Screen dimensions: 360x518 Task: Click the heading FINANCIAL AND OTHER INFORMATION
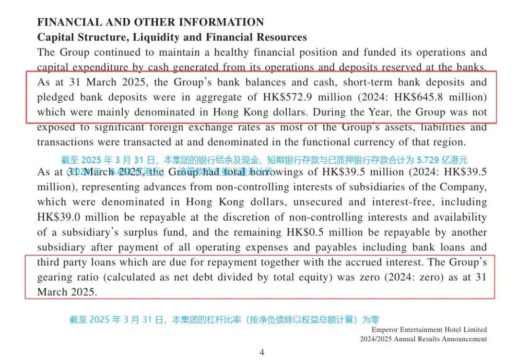point(151,22)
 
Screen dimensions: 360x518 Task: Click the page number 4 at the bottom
point(262,352)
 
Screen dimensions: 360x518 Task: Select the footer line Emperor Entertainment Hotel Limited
point(429,330)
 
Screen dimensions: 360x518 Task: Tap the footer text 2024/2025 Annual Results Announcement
point(424,339)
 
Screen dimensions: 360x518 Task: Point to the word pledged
point(55,97)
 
